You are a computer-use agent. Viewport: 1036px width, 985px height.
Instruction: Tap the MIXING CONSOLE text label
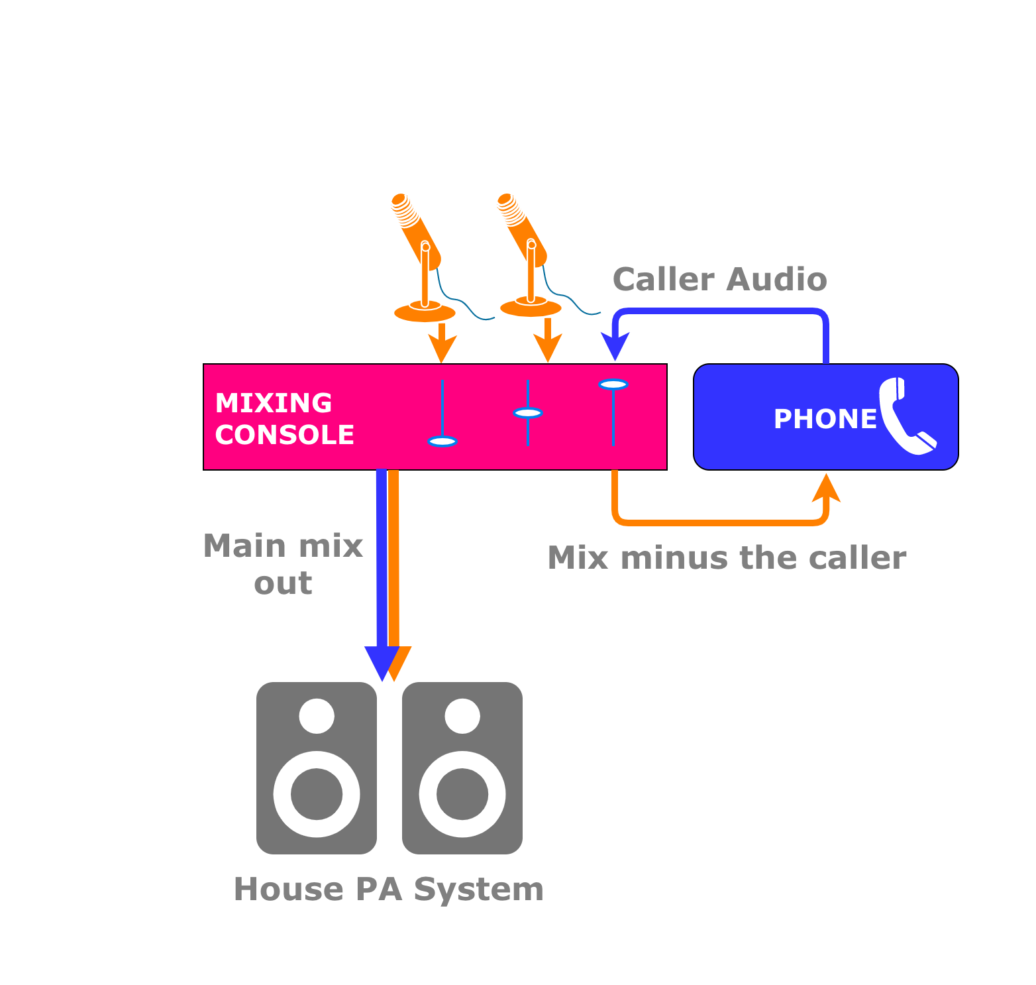click(284, 419)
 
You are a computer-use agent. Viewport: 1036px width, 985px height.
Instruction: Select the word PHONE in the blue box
click(825, 419)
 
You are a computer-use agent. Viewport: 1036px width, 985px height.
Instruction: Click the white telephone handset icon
click(906, 417)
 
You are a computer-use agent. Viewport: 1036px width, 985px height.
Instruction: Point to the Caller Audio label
click(719, 280)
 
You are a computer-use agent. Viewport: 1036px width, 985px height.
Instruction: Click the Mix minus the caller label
click(727, 558)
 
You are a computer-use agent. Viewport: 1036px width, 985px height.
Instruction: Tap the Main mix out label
click(283, 565)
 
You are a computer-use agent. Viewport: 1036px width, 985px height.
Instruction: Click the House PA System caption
click(389, 890)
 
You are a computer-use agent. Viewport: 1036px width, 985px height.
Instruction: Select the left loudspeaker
click(317, 768)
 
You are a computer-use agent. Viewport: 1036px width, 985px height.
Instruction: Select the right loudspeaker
click(462, 768)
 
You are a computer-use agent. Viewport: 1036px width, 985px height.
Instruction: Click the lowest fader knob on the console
click(442, 441)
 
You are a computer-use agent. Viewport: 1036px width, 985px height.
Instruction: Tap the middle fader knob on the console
click(528, 413)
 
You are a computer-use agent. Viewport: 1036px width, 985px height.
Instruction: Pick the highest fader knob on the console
click(613, 384)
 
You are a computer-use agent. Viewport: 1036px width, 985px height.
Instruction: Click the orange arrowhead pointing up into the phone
click(826, 488)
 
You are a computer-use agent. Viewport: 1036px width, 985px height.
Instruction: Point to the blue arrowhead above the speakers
click(382, 663)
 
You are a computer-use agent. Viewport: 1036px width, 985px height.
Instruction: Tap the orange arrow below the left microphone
click(442, 345)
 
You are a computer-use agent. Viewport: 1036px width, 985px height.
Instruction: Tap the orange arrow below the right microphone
click(548, 343)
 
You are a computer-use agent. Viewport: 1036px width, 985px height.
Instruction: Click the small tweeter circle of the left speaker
click(317, 716)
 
